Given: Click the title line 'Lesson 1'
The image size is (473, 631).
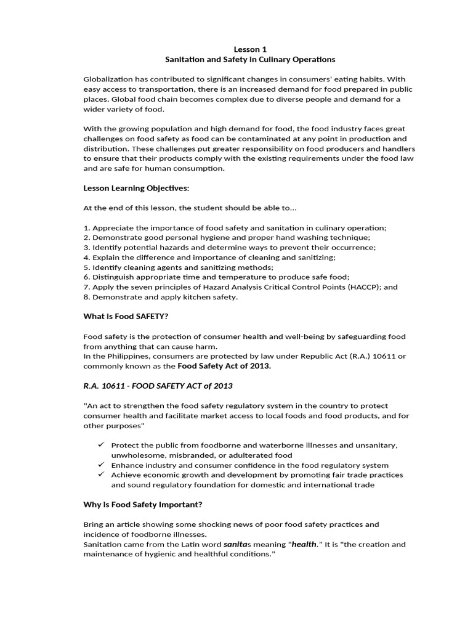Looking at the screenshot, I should coord(250,49).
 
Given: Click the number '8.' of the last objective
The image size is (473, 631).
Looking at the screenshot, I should coord(87,296).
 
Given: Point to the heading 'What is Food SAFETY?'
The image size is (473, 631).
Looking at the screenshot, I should coord(126,316).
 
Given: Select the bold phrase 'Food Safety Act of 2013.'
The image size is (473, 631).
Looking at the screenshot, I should coord(224,365).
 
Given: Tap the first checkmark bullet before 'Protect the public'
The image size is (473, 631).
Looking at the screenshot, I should coord(100,444).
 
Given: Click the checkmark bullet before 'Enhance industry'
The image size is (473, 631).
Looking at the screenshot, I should coord(100,464).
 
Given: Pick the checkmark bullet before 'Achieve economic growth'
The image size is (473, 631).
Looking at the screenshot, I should coord(100,474).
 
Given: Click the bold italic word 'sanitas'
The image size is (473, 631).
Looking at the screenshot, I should coord(236,544).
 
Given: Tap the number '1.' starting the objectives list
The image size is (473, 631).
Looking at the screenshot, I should coord(87,227).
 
